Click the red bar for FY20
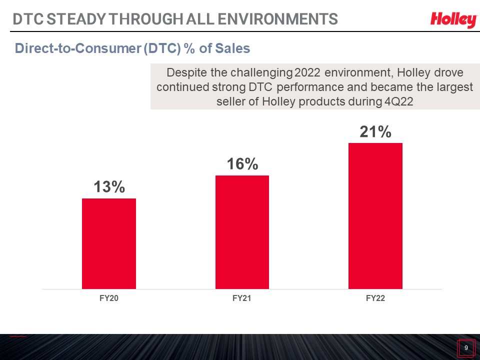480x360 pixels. click(x=109, y=243)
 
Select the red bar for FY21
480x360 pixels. click(x=242, y=232)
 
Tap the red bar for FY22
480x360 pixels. click(x=375, y=216)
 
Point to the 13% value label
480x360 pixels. click(x=109, y=186)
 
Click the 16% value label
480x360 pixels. click(x=242, y=164)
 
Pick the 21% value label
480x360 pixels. click(x=375, y=132)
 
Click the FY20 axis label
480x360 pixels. click(x=109, y=298)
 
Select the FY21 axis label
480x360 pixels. click(x=242, y=298)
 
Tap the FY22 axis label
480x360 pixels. click(x=375, y=298)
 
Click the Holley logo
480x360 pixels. click(x=454, y=20)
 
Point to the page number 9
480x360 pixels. click(x=466, y=348)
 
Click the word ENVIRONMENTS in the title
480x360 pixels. click(x=278, y=19)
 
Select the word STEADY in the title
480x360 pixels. click(x=76, y=19)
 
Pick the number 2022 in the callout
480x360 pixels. click(x=307, y=72)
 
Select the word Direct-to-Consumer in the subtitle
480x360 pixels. click(x=78, y=48)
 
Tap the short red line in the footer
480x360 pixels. click(x=18, y=336)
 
